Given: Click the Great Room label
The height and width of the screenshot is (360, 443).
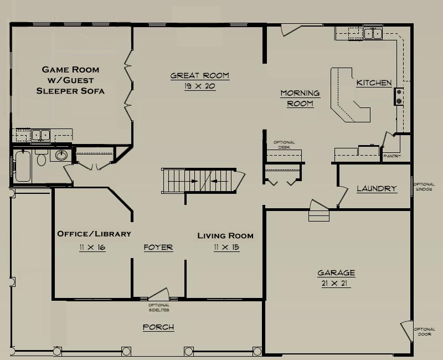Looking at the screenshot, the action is coord(200,76).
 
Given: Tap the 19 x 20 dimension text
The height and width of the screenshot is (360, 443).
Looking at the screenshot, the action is coord(200,86).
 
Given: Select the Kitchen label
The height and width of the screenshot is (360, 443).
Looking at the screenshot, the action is coord(374,83).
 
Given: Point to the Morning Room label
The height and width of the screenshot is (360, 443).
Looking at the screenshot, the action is coord(300,99).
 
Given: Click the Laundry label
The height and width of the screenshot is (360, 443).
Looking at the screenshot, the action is coord(377,188).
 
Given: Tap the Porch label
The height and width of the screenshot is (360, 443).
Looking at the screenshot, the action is coord(158,327).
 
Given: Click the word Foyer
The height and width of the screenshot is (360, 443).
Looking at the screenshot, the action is coord(158,248).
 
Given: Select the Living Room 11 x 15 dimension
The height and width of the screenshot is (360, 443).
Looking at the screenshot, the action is coord(226,248).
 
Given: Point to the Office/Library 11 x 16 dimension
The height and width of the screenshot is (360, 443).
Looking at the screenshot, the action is coord(92,248).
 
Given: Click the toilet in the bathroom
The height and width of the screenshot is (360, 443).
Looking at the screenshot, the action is coord(42,158).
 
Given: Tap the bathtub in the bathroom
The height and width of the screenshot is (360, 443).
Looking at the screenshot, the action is coord(23,166).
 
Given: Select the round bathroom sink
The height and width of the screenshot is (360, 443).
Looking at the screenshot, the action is coord(61,155).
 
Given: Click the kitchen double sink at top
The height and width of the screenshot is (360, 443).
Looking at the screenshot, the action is coord(373,33).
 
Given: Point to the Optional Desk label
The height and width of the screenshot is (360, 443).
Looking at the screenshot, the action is coord(284,145).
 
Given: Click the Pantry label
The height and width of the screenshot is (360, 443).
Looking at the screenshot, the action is coord(392,156).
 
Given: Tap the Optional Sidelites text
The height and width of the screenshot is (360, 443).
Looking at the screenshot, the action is coord(159,307).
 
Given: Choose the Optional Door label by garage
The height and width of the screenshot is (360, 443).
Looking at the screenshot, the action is coord(425,332).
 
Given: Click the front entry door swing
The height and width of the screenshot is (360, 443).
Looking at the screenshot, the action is coord(159,294).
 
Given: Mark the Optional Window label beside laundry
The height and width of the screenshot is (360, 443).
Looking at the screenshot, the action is coord(424,187).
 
